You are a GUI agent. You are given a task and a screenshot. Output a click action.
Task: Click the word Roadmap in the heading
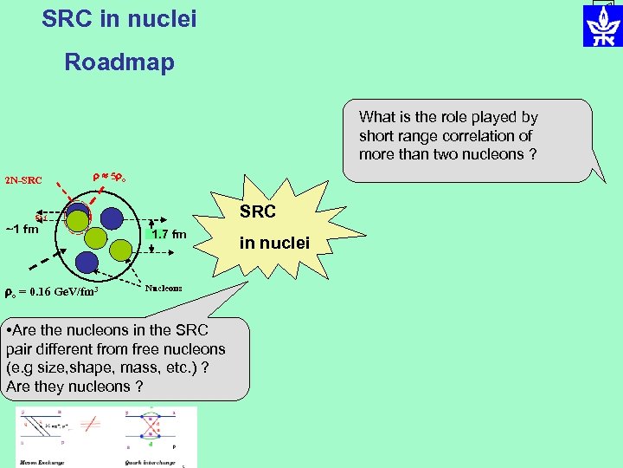click(119, 62)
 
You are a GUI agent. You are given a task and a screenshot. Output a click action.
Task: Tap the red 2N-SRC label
click(23, 180)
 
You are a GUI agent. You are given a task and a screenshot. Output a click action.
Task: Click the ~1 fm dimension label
click(22, 230)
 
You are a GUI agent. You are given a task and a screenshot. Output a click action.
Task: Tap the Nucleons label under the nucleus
click(164, 288)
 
